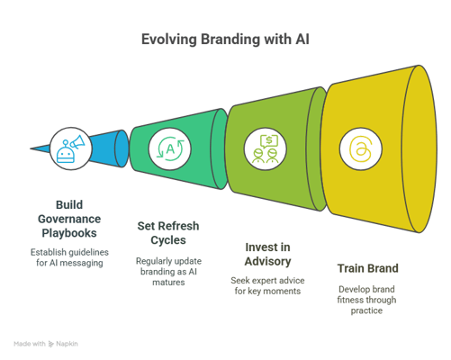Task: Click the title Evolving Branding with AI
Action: pos(225,40)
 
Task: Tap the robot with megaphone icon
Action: pos(70,149)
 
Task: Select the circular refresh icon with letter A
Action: pos(170,148)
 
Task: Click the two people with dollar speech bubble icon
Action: pos(266,149)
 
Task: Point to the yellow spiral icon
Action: pos(360,149)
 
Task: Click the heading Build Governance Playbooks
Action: pos(69,219)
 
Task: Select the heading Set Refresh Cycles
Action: pos(168,233)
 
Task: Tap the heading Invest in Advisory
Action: pos(267,255)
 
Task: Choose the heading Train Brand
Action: pos(368,268)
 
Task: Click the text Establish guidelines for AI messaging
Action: pos(69,257)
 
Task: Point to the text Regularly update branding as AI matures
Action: pos(168,272)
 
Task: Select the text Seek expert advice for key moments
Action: pos(267,285)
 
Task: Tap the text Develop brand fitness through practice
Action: pos(366,300)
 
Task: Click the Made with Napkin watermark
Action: pos(46,344)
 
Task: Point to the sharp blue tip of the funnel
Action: pos(31,148)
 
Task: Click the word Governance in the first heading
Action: pos(69,220)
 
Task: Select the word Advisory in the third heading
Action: pos(267,261)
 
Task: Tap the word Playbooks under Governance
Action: pos(69,233)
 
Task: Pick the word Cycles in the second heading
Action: pos(168,240)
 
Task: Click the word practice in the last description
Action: pos(366,310)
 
